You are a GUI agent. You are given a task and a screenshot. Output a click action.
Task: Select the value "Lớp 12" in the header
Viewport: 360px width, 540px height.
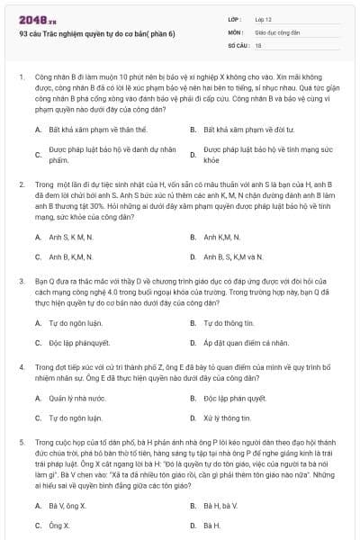264,19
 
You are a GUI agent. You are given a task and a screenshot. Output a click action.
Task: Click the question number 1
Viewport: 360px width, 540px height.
21,79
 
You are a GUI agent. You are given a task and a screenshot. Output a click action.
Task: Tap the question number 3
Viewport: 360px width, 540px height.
21,280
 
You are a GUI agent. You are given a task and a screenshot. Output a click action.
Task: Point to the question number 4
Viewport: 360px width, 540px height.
21,367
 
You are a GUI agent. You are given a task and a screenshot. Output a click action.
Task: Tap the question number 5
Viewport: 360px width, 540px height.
21,442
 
